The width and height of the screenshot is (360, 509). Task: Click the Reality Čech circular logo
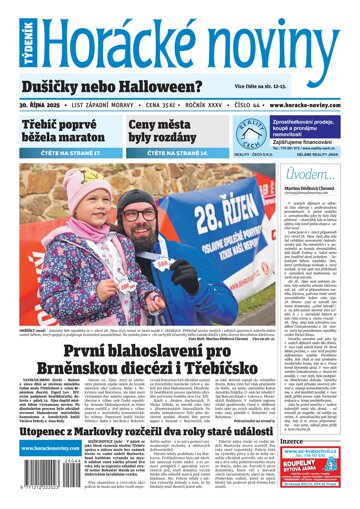coord(247,134)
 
